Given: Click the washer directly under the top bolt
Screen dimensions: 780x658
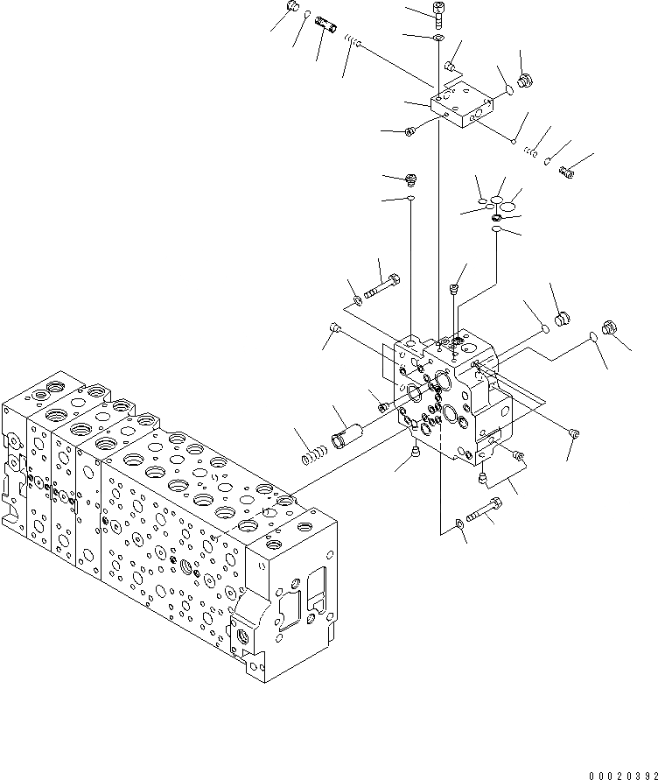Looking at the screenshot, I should [437, 39].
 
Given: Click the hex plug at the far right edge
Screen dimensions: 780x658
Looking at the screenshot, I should [611, 328].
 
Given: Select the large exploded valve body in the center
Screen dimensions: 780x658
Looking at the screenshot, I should [451, 394].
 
